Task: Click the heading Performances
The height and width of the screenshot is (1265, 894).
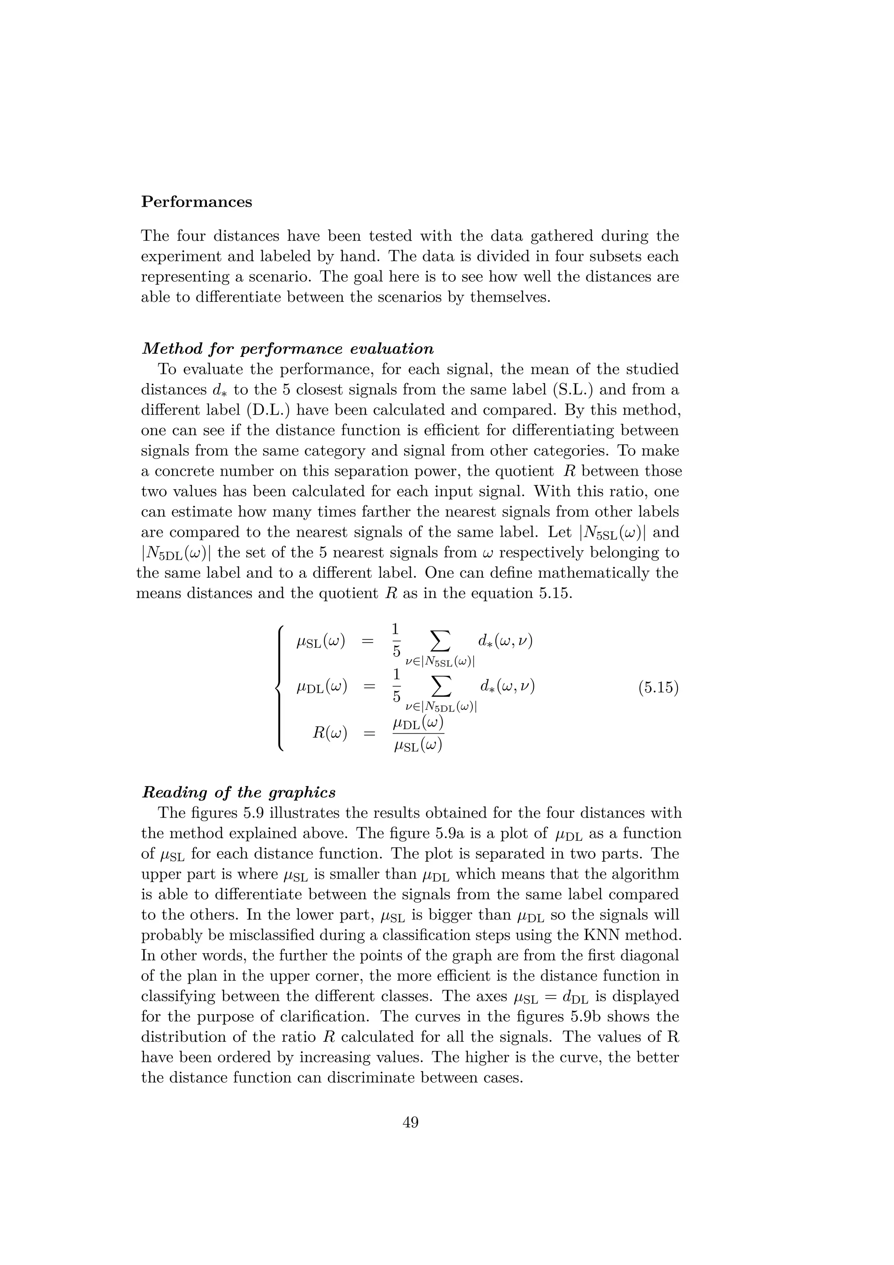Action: click(196, 202)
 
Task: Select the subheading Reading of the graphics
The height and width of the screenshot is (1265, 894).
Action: click(239, 792)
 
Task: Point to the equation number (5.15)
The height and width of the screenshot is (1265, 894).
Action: click(658, 688)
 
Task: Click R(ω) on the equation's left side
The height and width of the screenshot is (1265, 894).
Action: click(329, 733)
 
